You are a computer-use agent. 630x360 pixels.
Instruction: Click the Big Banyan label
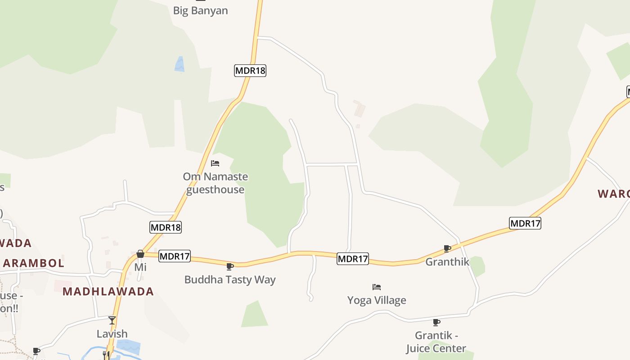click(200, 10)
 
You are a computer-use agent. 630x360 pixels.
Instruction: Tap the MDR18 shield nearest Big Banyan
click(250, 71)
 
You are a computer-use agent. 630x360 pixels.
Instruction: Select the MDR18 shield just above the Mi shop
click(166, 227)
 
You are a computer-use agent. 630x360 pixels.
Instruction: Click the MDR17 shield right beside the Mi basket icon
click(175, 256)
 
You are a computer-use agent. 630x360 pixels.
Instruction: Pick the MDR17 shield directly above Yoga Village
click(353, 259)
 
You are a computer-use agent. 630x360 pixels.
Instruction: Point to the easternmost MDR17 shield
click(525, 223)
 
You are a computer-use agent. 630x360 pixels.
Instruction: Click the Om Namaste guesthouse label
click(215, 183)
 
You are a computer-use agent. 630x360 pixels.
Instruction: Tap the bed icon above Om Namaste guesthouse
click(215, 163)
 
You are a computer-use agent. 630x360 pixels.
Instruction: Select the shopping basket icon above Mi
click(140, 254)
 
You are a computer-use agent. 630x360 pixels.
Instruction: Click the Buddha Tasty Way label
click(230, 279)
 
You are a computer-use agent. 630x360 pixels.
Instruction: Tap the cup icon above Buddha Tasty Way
click(230, 266)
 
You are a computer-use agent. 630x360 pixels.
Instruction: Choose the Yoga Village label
click(377, 300)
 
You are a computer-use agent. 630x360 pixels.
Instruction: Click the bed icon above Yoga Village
click(377, 287)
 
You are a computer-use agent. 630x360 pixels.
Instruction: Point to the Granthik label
click(447, 261)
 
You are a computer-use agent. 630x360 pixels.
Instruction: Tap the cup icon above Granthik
click(447, 248)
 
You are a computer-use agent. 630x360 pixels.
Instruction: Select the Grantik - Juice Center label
click(436, 342)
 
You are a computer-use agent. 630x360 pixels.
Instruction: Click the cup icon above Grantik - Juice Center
click(436, 322)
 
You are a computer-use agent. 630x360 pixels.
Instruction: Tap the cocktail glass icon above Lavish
click(112, 320)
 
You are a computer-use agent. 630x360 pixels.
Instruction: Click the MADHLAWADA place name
click(108, 292)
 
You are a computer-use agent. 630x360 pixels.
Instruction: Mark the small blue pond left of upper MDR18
click(180, 64)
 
